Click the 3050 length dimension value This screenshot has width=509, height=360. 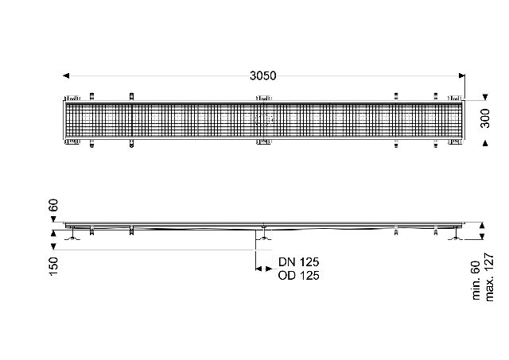coord(263,75)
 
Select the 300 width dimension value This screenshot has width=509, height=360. coord(485,118)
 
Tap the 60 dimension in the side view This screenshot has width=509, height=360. coord(53,205)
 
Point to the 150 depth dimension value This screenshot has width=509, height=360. coord(53,266)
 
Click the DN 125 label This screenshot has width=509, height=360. coord(299,261)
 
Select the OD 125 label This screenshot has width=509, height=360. coord(299,275)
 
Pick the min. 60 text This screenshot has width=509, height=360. coord(476,281)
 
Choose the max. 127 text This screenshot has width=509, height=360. coord(489,277)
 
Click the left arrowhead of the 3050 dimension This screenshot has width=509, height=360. coord(66,75)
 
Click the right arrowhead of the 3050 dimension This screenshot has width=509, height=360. coord(461,75)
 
